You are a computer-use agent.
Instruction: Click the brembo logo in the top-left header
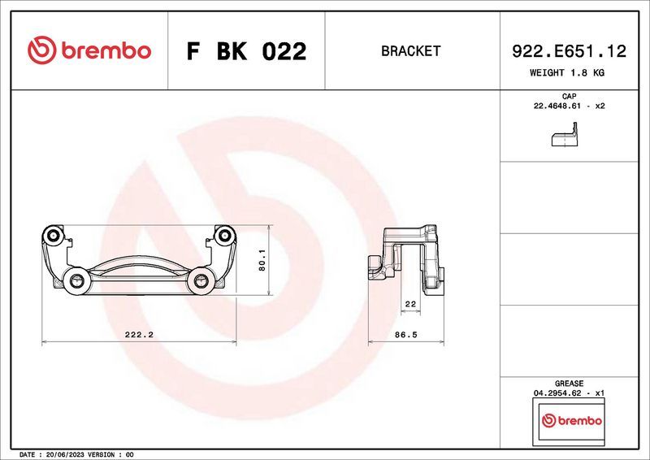[89, 50]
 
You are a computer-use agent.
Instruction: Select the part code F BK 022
[246, 51]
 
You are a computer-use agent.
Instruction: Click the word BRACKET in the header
[410, 51]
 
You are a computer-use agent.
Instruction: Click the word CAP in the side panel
[569, 97]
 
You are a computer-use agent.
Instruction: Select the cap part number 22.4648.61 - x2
[569, 106]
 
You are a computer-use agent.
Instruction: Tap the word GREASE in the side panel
[569, 383]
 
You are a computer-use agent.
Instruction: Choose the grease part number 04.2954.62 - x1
[569, 393]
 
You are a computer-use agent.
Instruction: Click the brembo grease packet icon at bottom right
[571, 421]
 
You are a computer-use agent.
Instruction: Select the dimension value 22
[409, 304]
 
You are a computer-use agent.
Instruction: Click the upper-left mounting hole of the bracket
[54, 236]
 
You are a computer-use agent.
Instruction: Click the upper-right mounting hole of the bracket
[223, 236]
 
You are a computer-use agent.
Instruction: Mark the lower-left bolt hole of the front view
[78, 281]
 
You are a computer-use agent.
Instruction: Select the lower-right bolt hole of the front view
[199, 281]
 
